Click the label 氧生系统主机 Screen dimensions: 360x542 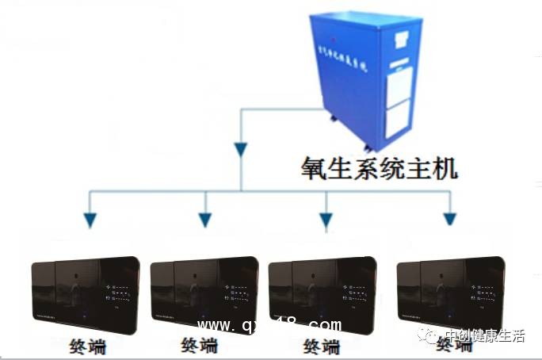(378, 169)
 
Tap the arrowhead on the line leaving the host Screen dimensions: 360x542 (241, 148)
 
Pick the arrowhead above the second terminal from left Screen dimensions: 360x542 (204, 220)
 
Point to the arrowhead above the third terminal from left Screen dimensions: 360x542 (325, 220)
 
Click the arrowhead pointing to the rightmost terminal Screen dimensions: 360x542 (449, 219)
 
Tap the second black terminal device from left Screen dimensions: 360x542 (204, 293)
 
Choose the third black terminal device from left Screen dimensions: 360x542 (323, 293)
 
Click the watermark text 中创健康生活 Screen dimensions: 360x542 (485, 336)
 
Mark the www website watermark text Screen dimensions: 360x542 (269, 326)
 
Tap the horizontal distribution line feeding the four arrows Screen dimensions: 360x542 (269, 191)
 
